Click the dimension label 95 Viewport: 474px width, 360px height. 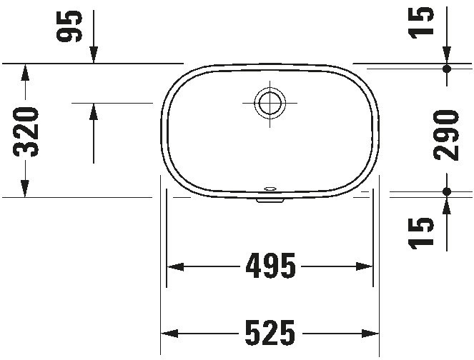(x=70, y=26)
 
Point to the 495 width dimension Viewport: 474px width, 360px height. (x=270, y=266)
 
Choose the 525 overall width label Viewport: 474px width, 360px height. (x=270, y=333)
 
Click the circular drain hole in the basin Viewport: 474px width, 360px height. (x=269, y=103)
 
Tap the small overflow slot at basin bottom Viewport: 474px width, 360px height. (x=270, y=189)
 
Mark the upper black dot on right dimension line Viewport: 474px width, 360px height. (x=447, y=69)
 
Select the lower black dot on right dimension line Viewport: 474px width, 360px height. (x=447, y=191)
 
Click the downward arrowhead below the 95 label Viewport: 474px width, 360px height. (x=94, y=56)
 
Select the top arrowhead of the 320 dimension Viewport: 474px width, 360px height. (x=24, y=71)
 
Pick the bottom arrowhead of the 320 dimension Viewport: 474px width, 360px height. (x=24, y=189)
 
